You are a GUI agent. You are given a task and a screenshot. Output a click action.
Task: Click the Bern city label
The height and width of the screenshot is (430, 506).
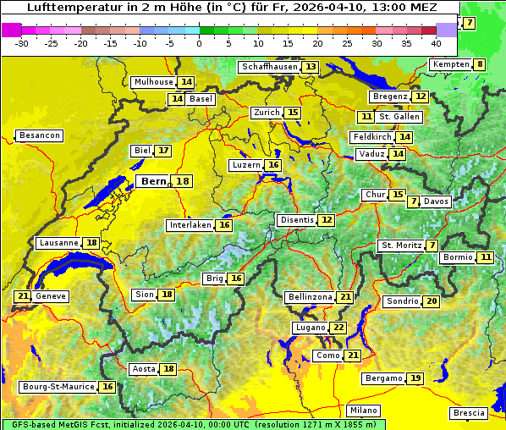[154, 181]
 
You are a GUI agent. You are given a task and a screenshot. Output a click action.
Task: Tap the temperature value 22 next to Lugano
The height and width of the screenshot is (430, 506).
[339, 328]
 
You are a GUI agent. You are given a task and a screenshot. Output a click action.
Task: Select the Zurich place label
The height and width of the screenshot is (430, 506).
[267, 113]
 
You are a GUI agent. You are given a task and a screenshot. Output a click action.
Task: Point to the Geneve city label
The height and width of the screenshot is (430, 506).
[51, 296]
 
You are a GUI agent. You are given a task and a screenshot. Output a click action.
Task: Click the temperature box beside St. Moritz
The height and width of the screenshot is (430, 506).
[432, 245]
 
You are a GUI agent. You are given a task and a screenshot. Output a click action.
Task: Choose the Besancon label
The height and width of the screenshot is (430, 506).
[40, 135]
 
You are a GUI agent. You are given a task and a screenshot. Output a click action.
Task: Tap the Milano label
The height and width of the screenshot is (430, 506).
[364, 410]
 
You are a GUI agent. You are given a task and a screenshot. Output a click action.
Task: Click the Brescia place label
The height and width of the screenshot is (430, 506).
[469, 413]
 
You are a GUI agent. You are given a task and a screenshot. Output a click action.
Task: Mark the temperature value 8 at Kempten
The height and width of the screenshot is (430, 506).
[480, 64]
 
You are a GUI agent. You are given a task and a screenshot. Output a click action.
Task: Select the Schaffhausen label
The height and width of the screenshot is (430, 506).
[268, 67]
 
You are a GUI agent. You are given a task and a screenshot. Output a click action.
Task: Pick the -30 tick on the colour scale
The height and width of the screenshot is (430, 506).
[22, 43]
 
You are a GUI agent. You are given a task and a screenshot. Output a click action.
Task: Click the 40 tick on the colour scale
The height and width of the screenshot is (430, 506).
[436, 43]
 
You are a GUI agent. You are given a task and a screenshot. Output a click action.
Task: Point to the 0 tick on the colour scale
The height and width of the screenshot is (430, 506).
[199, 43]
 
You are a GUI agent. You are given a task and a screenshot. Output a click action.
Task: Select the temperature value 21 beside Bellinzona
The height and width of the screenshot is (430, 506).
[345, 297]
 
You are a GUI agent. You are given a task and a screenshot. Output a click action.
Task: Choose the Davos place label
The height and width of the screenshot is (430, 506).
[437, 201]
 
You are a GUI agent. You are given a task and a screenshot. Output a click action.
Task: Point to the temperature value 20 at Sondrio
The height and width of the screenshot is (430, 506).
[432, 301]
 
